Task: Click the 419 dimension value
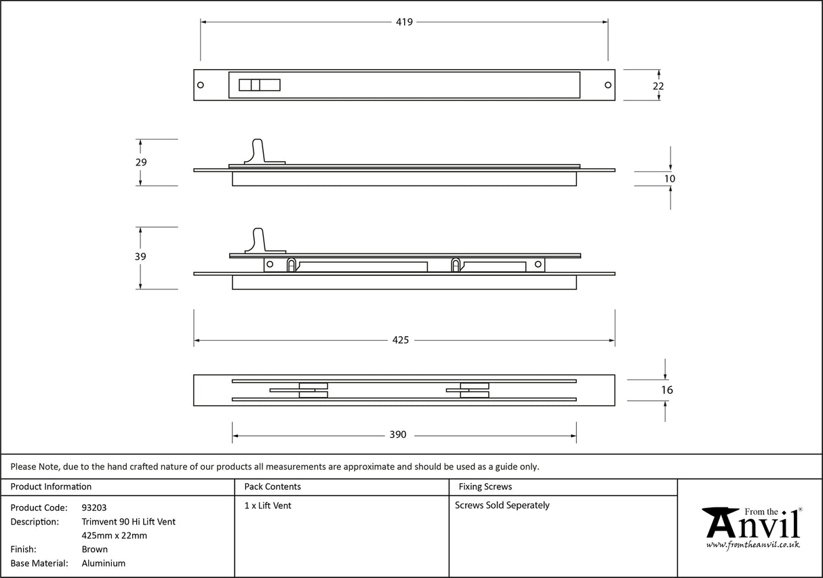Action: click(404, 22)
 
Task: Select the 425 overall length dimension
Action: click(401, 340)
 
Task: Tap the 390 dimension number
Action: click(398, 434)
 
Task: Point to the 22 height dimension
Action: click(658, 86)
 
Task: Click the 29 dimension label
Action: click(141, 163)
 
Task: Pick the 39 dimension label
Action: click(140, 257)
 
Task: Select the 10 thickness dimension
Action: click(670, 179)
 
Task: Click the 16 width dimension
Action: click(666, 390)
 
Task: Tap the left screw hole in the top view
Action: click(201, 85)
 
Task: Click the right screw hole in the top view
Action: click(607, 85)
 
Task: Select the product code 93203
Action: click(94, 508)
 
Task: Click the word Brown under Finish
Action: click(95, 550)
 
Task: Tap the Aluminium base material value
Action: click(103, 563)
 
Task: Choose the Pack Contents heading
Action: click(273, 487)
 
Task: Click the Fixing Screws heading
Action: click(485, 487)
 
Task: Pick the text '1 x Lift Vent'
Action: click(268, 505)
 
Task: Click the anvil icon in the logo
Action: click(719, 522)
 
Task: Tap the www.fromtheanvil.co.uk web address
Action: click(752, 545)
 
